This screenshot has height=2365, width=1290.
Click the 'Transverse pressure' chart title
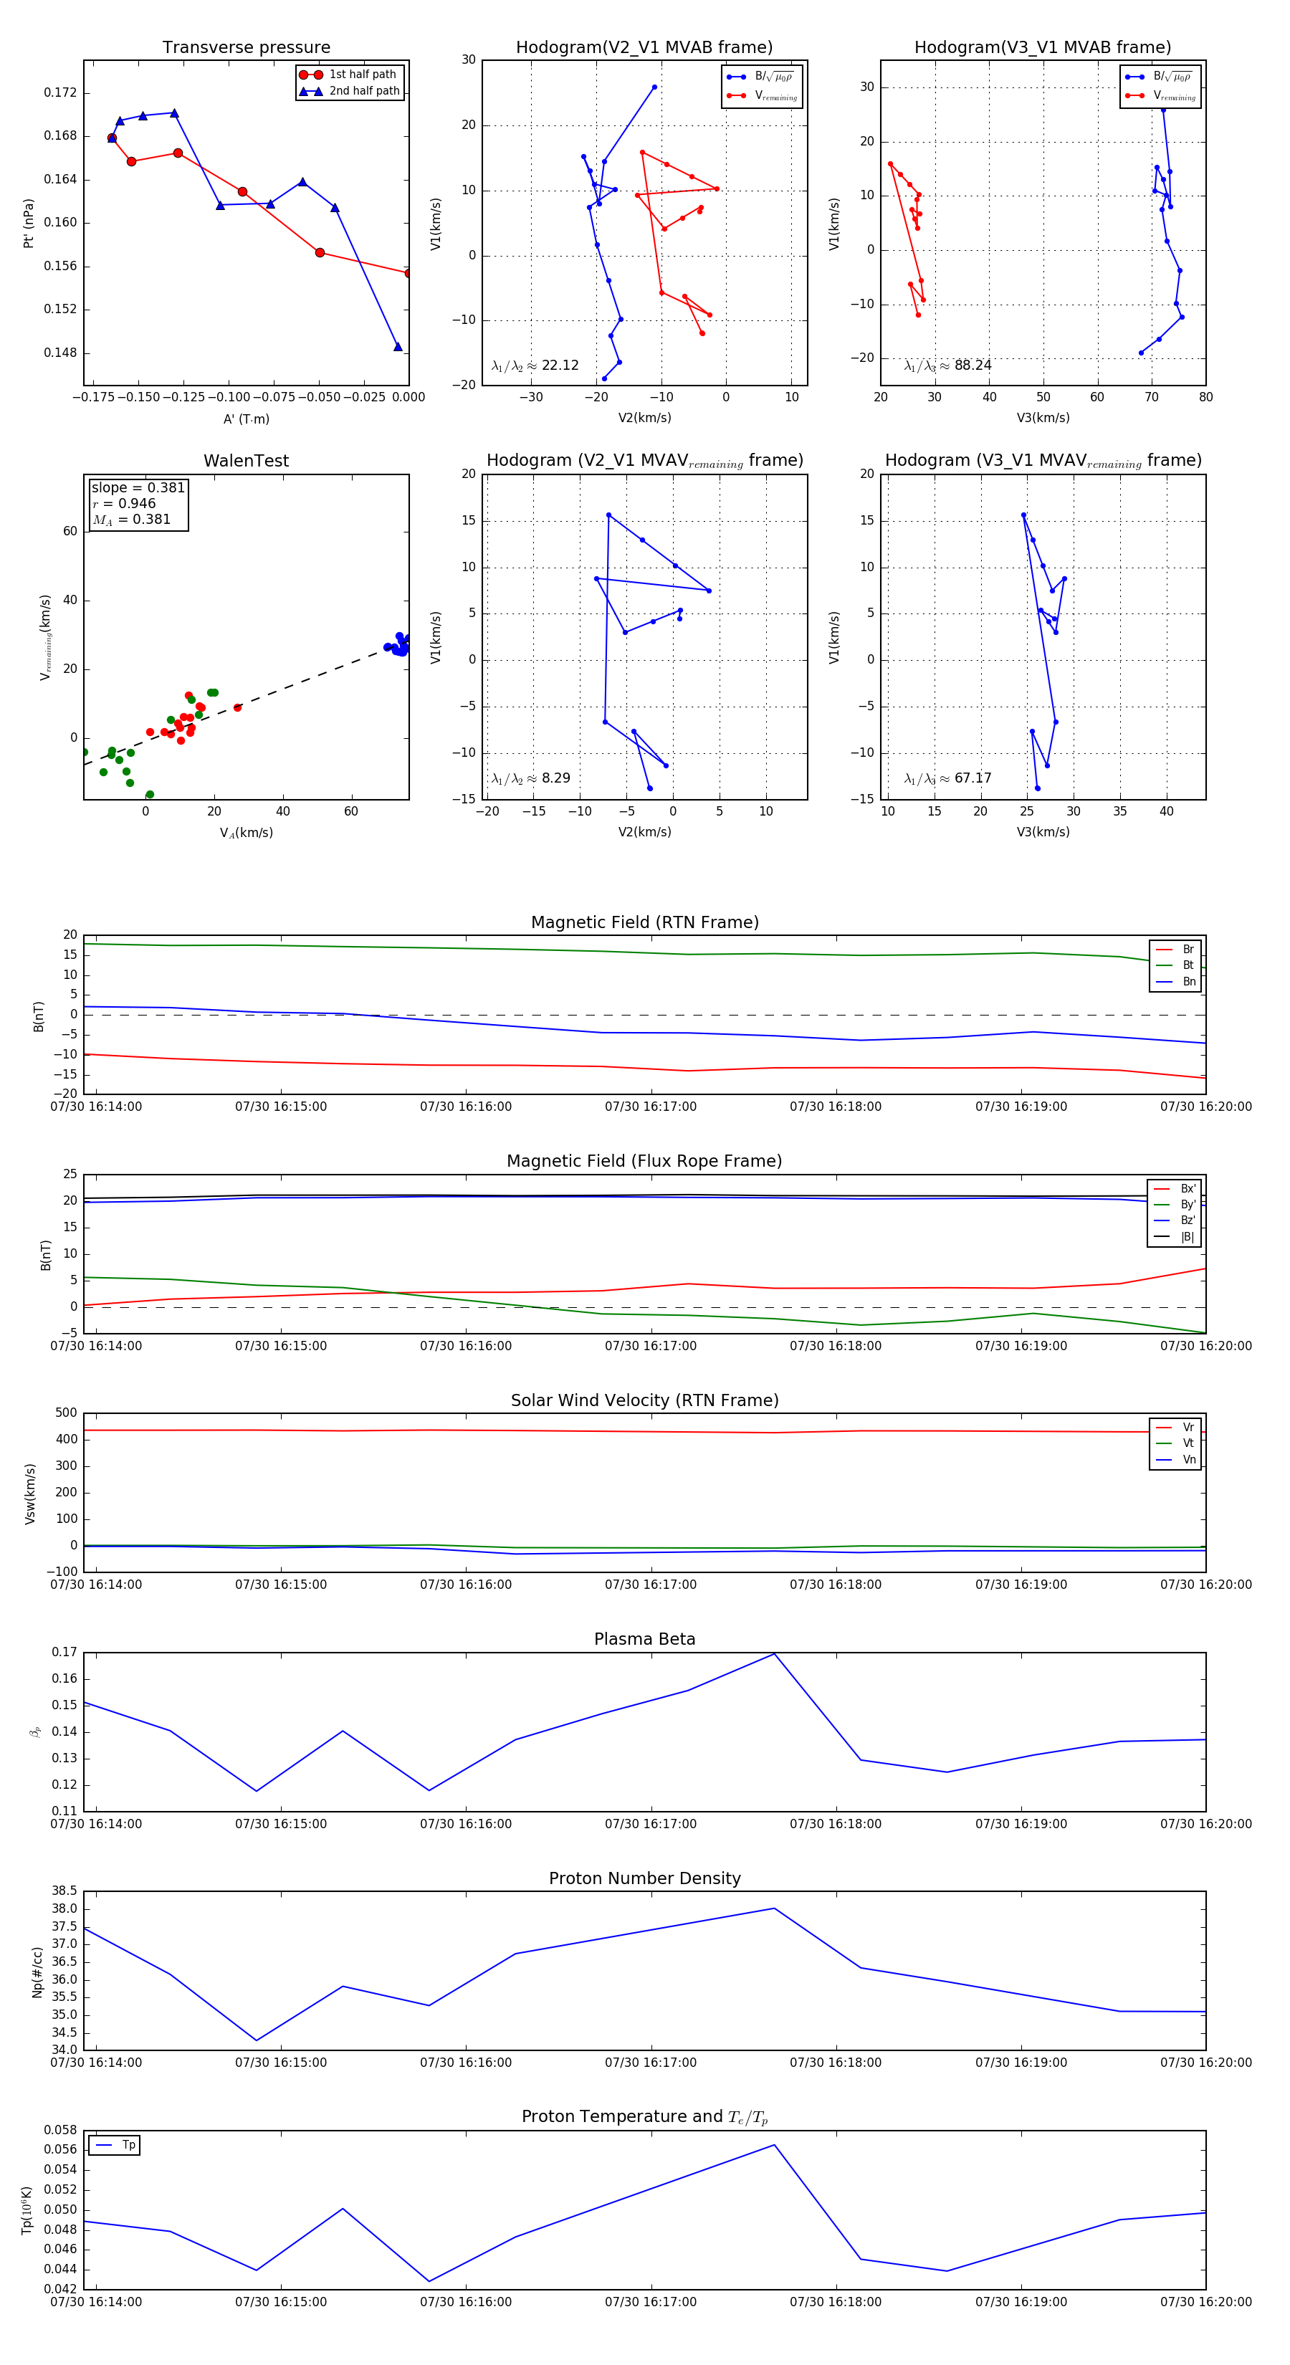coord(246,48)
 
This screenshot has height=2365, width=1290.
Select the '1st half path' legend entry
coord(362,75)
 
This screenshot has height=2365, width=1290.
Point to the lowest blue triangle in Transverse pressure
coord(398,347)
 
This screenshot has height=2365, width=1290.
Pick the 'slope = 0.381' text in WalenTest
coord(138,487)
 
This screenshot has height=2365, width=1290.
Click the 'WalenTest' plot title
coord(246,461)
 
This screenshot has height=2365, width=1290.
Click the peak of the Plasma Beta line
coord(774,1653)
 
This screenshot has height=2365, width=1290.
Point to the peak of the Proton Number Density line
coord(774,1908)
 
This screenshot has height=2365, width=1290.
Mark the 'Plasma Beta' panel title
coord(644,1640)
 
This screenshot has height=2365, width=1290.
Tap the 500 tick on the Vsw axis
coord(65,1413)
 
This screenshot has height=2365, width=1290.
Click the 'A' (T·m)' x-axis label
coord(246,419)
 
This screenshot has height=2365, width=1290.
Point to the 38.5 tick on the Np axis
coord(64,1891)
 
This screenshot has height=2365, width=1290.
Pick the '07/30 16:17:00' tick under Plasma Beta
coord(651,1824)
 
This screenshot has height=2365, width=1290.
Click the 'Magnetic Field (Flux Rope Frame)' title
coord(644,1162)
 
